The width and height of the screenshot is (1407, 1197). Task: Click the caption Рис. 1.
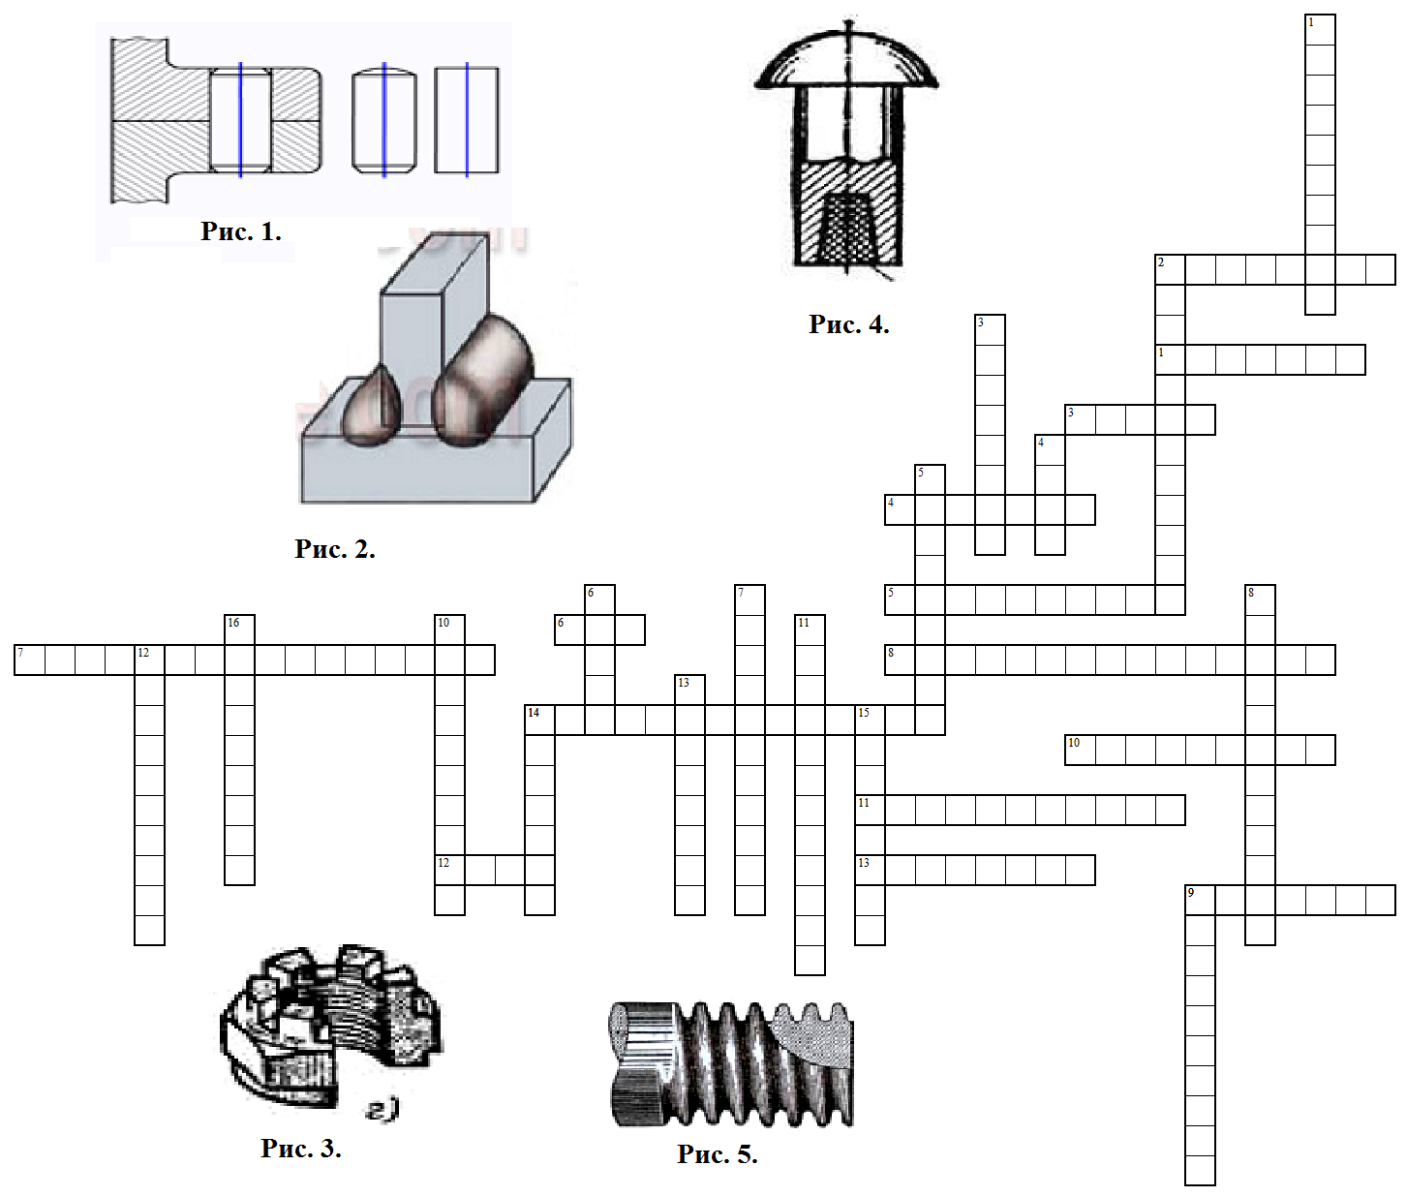point(241,231)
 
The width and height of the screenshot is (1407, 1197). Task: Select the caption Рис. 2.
point(334,549)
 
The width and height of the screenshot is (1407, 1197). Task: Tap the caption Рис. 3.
point(300,1149)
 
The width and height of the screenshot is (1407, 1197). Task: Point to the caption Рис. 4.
point(848,324)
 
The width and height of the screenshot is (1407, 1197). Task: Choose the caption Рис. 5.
point(717,1154)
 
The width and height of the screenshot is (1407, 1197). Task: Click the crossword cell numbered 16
point(239,629)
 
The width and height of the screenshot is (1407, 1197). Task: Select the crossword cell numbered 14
point(539,720)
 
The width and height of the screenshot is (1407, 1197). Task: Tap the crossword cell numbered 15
point(870,720)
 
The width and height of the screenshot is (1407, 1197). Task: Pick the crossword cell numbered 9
point(1200,900)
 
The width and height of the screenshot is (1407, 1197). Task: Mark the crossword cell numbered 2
point(1170,269)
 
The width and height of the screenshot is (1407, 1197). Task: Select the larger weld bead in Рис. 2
point(482,380)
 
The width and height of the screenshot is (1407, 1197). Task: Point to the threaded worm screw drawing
point(732,1063)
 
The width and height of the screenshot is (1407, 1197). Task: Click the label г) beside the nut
point(382,1111)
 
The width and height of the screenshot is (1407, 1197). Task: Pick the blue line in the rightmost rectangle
point(467,119)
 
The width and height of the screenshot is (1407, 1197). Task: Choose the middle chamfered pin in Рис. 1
point(383,120)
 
